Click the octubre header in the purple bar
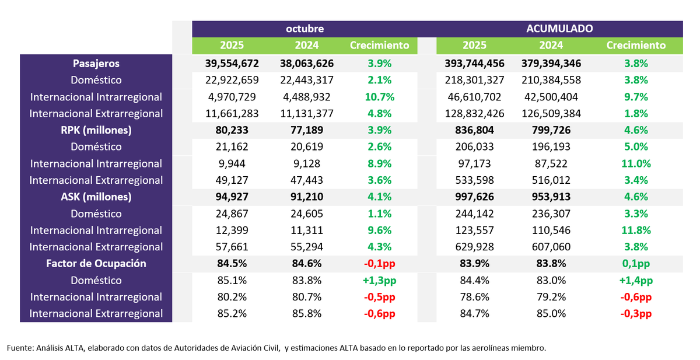point(304,29)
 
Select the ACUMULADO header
point(559,29)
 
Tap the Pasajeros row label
point(96,63)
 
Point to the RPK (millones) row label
point(96,130)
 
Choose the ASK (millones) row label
point(96,197)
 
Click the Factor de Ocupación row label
point(96,264)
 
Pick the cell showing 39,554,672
point(232,63)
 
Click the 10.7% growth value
point(379,97)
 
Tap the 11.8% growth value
point(636,230)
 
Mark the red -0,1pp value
point(379,264)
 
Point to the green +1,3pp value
point(379,281)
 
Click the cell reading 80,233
point(232,130)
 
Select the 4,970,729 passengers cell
point(232,97)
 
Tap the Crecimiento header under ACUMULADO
point(636,46)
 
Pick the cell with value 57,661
point(232,247)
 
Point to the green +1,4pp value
point(636,281)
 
